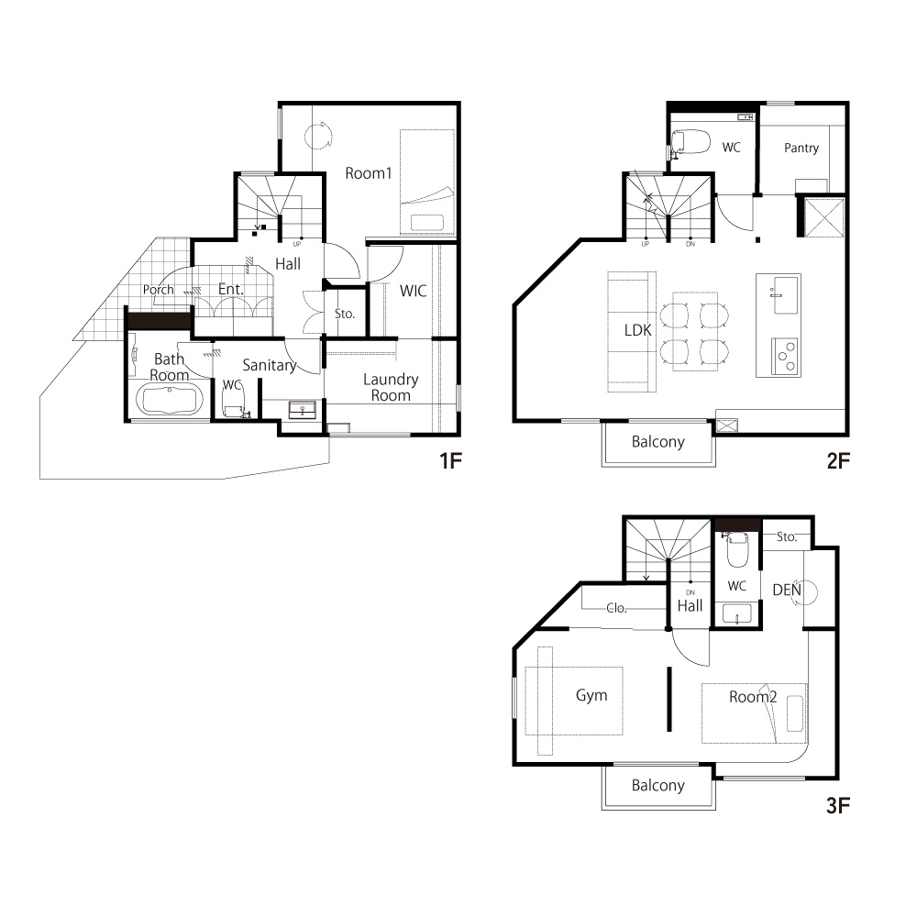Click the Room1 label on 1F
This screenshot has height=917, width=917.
pos(368,173)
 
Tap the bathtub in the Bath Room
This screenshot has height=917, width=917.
pos(170,400)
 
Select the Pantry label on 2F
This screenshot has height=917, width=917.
pos(801,148)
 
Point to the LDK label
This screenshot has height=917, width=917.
pos(637,330)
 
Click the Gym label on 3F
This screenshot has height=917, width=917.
pos(591,695)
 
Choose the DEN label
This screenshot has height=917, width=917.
pos(787,590)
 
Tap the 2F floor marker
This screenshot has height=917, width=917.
pos(837,461)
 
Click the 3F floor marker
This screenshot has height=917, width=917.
pos(837,806)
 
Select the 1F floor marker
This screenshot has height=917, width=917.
pos(450,461)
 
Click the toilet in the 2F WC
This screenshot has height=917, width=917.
pos(691,142)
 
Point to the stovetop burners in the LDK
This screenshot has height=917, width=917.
pos(784,356)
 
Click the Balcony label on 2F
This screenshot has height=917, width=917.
pos(657,442)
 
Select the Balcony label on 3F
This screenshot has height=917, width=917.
pos(657,785)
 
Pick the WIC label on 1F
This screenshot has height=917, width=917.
pos(413,291)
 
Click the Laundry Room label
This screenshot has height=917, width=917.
pos(391,387)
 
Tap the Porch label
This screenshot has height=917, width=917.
pos(158,290)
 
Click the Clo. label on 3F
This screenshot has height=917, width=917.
pos(616,608)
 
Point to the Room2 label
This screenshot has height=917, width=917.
pos(753,697)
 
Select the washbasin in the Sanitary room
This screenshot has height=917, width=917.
pos(303,410)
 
